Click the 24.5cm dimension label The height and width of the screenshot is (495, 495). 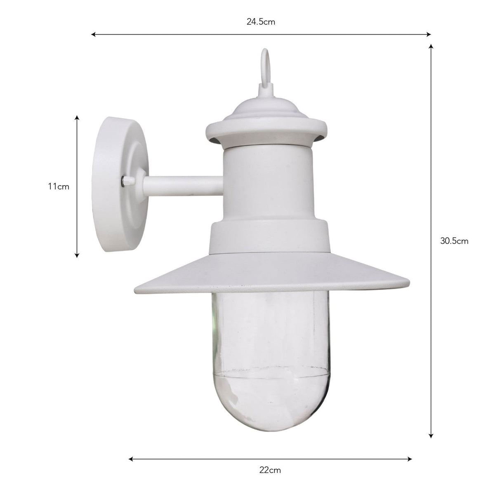pyautogui.click(x=261, y=22)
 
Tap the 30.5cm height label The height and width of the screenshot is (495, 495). pyautogui.click(x=454, y=241)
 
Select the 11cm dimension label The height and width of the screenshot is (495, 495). pyautogui.click(x=58, y=186)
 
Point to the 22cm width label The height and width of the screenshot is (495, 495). pyautogui.click(x=270, y=470)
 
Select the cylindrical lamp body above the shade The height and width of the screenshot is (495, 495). pyautogui.click(x=269, y=181)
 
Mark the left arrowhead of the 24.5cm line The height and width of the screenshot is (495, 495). pyautogui.click(x=93, y=35)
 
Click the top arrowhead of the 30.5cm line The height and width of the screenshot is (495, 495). pyautogui.click(x=431, y=47)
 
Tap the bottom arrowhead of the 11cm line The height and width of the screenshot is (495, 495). pyautogui.click(x=77, y=255)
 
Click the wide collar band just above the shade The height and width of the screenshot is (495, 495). pyautogui.click(x=270, y=237)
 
